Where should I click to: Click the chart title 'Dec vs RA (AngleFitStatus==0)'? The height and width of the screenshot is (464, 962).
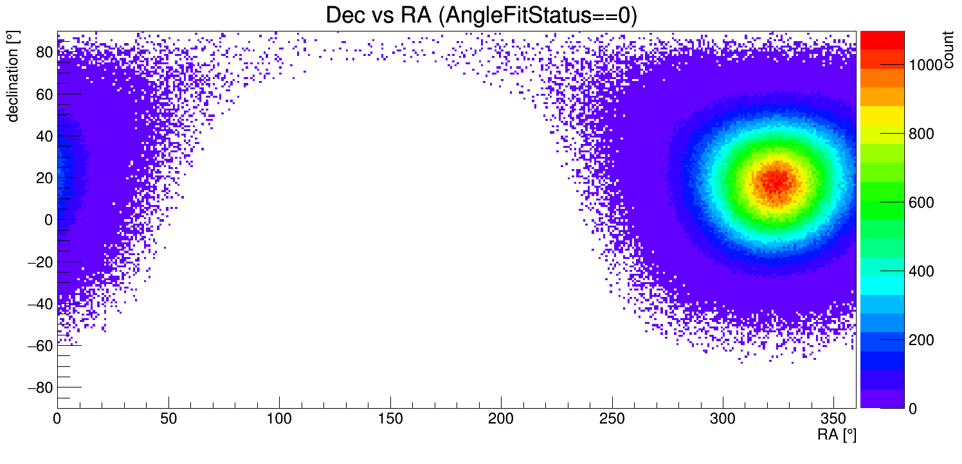(481, 15)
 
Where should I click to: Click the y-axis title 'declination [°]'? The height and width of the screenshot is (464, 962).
(12, 77)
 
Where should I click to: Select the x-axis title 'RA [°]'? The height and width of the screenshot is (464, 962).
(837, 435)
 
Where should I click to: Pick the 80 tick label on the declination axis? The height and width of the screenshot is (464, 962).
(43, 53)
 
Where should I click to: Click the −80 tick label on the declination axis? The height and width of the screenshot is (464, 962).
(38, 388)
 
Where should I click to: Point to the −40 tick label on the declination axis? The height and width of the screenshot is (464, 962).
(38, 304)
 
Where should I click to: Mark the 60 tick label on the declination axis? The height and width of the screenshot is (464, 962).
(43, 94)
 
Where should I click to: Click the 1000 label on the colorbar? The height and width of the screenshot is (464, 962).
(925, 65)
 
